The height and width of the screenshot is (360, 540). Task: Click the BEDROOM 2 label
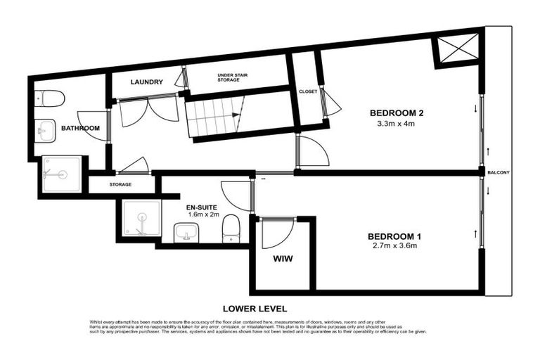[x=397, y=113]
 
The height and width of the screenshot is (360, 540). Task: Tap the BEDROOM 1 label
[x=397, y=236]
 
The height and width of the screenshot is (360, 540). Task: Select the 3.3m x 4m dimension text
[x=397, y=124]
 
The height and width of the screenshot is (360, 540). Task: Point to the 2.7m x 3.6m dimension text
[x=397, y=246]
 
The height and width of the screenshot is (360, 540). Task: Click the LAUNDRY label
[x=147, y=82]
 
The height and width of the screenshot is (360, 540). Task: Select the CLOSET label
[x=308, y=91]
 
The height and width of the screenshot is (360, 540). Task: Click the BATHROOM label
[x=80, y=129]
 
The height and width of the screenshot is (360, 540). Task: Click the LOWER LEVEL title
[x=255, y=308]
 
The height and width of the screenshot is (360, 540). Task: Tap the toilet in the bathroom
[x=51, y=98]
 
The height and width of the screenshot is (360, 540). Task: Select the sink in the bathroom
[x=46, y=129]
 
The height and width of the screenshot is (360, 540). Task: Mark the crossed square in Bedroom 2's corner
[x=452, y=51]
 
